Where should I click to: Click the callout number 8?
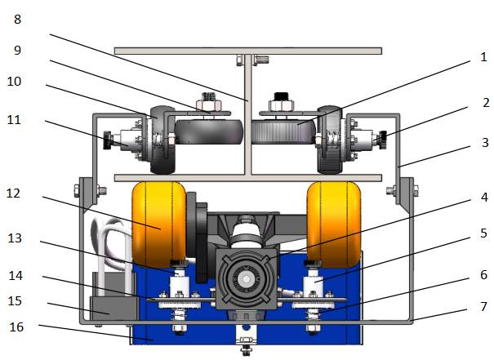coord(18,20)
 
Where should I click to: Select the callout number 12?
coord(13,193)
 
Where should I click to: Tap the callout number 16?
coord(16,327)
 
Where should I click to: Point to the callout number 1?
coord(483,57)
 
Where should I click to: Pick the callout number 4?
coord(484,198)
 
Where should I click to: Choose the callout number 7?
coord(484,306)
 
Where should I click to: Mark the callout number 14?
coord(16,276)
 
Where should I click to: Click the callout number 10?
coord(14,82)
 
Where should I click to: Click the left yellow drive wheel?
coord(159,224)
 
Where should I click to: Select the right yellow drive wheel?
coord(334,224)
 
